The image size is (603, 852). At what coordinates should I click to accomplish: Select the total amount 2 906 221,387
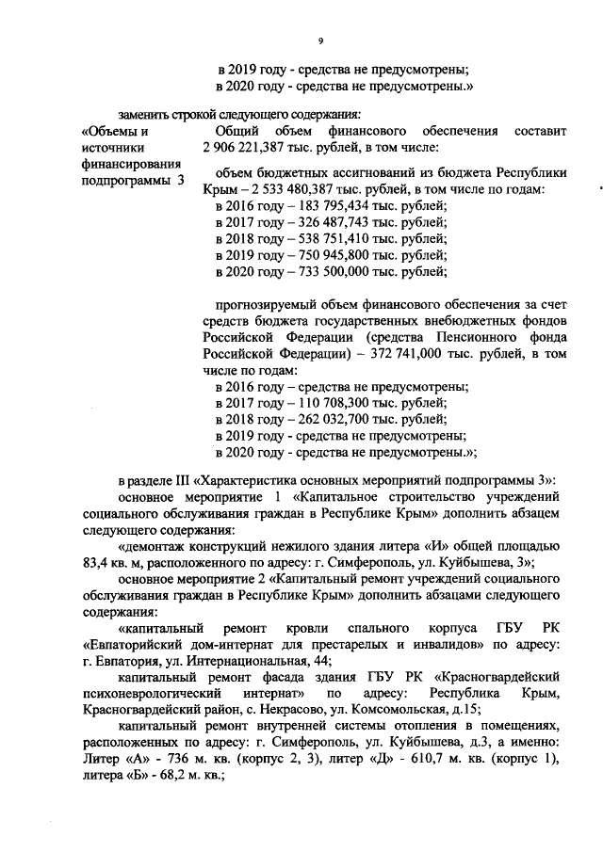click(249, 148)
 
